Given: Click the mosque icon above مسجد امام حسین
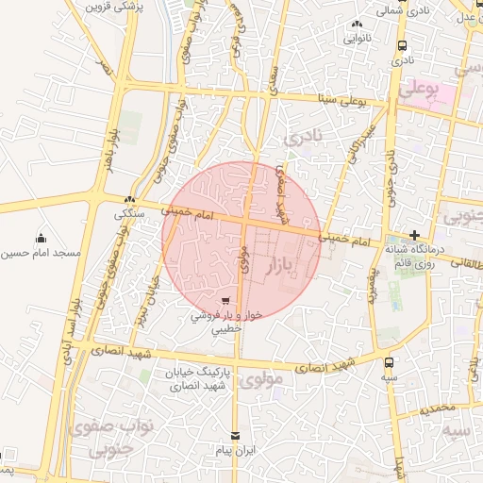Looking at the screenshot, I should tap(41, 238).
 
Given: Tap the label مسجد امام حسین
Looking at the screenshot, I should tap(41, 254).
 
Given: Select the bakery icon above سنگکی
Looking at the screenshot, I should tap(130, 199).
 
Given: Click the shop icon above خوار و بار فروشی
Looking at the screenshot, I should tap(225, 302).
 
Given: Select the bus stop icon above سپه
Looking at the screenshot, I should tap(389, 361).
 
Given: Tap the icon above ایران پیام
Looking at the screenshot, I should tap(236, 438).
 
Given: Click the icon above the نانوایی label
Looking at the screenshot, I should tap(357, 25).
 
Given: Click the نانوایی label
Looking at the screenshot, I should tap(357, 39).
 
